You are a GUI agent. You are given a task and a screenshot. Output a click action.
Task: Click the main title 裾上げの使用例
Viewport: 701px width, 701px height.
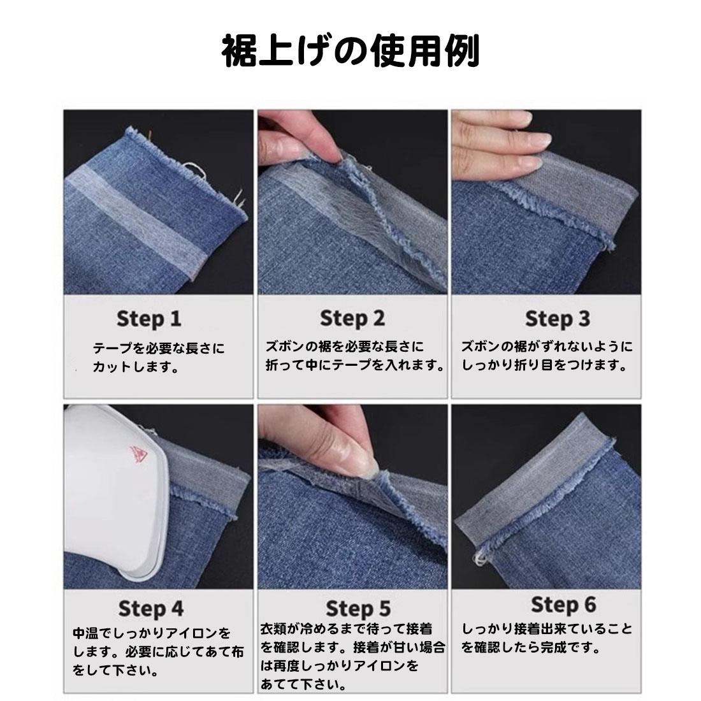tap(350, 50)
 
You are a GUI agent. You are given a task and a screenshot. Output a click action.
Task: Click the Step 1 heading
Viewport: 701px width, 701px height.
tap(149, 319)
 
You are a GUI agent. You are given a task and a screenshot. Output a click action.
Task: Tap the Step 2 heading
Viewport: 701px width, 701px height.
tap(352, 319)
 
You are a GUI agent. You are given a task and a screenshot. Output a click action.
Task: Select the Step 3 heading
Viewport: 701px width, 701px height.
tap(558, 319)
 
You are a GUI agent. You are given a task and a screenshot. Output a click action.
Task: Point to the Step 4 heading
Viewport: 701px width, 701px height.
tap(150, 609)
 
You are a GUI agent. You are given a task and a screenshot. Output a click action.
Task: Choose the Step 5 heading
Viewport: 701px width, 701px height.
tap(358, 609)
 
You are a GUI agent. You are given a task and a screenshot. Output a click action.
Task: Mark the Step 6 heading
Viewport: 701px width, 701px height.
tap(563, 605)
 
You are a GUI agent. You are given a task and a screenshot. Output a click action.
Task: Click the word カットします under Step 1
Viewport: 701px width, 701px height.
tap(130, 367)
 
